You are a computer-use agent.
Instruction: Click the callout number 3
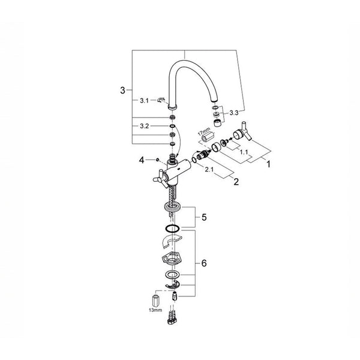(x=123, y=90)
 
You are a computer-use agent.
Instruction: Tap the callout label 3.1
(x=145, y=101)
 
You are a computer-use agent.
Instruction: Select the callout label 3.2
(x=145, y=126)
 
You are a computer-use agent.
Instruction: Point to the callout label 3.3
(x=234, y=113)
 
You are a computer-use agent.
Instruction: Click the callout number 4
(x=142, y=160)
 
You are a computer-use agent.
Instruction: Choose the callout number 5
(x=204, y=217)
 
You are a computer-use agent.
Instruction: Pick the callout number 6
(x=204, y=263)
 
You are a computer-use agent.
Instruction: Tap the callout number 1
(x=268, y=164)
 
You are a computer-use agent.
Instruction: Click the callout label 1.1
(x=244, y=152)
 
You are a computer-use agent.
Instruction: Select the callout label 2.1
(x=209, y=170)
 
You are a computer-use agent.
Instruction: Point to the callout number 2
(x=236, y=182)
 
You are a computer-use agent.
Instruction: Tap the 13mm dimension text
(x=155, y=310)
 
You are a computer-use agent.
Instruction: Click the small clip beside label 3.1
(x=161, y=100)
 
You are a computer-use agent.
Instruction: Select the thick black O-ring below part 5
(x=172, y=229)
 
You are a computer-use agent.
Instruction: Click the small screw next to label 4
(x=157, y=160)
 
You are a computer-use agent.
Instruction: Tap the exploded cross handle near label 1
(x=242, y=132)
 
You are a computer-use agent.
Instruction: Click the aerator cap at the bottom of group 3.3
(x=217, y=123)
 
